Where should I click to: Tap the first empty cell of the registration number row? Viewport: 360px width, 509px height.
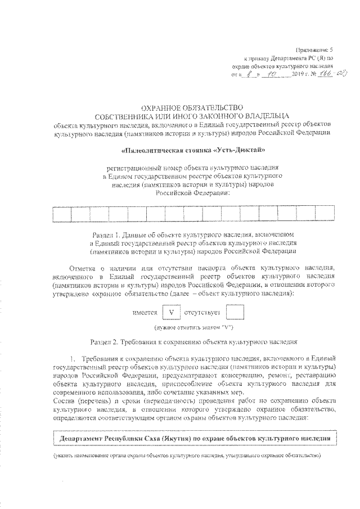[x=61, y=214]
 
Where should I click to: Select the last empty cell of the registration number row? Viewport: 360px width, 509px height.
[x=325, y=214]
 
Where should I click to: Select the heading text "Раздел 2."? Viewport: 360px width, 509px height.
[x=107, y=341]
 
